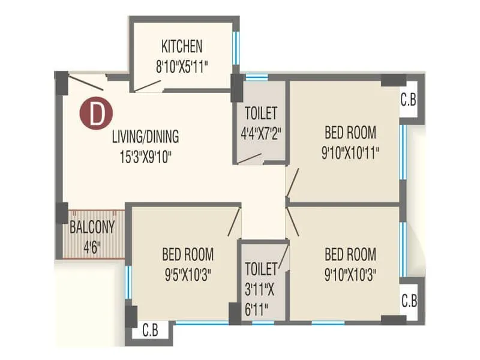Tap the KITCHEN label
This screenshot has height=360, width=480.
point(182,46)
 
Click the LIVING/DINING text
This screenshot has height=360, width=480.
point(145,136)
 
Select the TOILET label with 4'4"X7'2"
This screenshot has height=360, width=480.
point(261,113)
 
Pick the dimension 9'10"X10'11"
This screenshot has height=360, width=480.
point(350,152)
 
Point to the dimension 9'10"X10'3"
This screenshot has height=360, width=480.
point(350,274)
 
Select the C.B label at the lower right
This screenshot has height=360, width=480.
point(409,301)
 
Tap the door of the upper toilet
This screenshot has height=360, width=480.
point(249,158)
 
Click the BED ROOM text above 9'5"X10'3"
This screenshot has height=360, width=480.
point(187,254)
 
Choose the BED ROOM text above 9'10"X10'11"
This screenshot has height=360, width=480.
point(350,132)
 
